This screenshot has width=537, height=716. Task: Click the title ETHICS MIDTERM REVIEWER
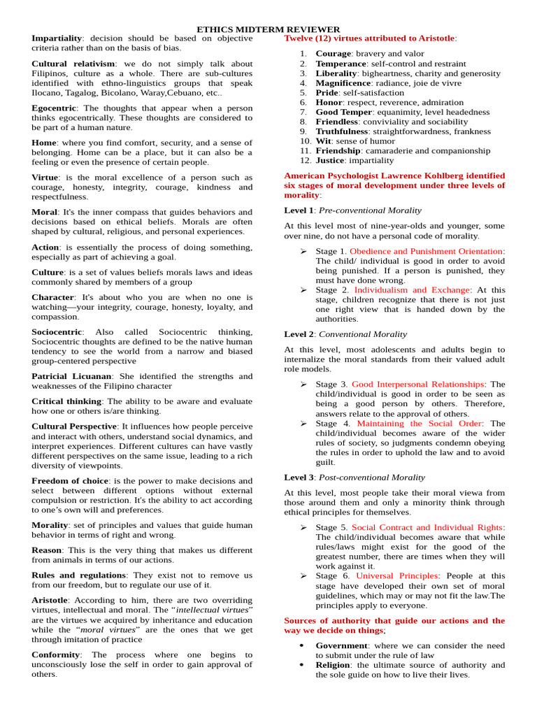click(268, 29)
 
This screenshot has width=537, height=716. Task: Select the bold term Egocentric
click(54, 108)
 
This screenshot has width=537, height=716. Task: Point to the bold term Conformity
click(55, 654)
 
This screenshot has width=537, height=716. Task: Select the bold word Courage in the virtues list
click(334, 53)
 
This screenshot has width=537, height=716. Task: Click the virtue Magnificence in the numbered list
click(343, 83)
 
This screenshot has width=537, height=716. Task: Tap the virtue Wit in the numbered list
click(322, 141)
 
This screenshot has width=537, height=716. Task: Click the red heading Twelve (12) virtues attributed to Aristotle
click(370, 38)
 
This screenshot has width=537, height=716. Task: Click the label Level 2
click(299, 334)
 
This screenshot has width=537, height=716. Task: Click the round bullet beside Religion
click(301, 665)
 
